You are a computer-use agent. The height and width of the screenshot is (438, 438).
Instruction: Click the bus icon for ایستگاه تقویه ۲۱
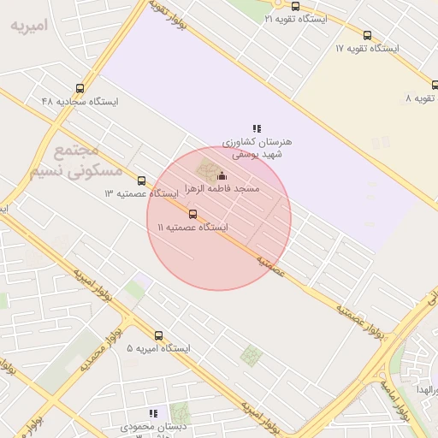(295, 6)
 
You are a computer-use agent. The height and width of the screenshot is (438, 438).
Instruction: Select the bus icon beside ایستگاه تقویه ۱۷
(367, 36)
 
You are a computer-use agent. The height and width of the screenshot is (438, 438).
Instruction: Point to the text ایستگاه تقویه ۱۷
(367, 49)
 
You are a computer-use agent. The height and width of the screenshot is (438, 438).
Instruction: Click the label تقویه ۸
(421, 98)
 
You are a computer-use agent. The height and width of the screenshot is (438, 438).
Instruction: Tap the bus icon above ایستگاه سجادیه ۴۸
(80, 88)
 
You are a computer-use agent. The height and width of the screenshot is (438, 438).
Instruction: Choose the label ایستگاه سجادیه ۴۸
(80, 101)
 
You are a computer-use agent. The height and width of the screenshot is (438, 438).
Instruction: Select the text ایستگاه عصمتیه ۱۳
(141, 194)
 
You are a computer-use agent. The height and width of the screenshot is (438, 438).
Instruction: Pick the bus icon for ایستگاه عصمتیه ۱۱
(192, 215)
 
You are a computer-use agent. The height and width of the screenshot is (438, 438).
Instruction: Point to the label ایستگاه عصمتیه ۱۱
(192, 228)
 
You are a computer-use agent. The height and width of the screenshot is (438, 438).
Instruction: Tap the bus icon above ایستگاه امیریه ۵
(158, 336)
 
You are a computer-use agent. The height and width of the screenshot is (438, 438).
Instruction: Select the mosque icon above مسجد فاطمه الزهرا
(222, 175)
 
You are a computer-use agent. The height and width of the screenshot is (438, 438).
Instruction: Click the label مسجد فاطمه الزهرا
(222, 188)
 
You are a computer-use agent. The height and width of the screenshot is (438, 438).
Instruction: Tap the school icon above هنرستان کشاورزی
(257, 128)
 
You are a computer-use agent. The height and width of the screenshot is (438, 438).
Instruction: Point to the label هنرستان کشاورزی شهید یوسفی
(257, 147)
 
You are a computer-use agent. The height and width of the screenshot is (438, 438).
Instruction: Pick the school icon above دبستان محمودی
(153, 413)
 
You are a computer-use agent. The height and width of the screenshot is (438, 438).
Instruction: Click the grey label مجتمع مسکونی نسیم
(76, 162)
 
